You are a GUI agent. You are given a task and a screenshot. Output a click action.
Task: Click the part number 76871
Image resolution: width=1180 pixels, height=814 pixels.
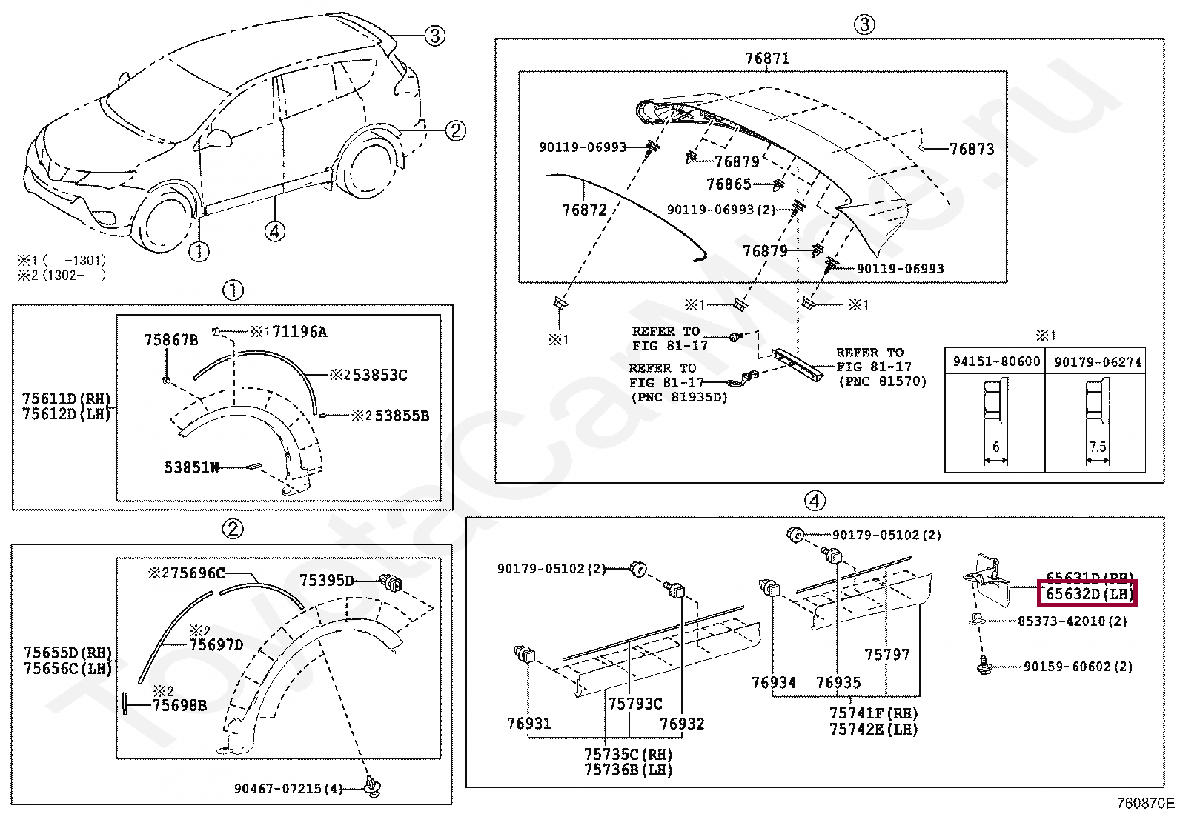point(766,59)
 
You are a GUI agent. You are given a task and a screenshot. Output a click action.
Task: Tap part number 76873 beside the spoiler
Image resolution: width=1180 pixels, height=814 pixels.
point(971,149)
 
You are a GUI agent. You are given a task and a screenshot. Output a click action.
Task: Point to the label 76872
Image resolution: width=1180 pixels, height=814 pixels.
point(584,210)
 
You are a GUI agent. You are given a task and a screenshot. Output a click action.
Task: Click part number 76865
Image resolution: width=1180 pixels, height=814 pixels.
point(729,184)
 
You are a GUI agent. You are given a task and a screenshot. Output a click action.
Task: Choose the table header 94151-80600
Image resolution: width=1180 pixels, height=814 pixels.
point(996,361)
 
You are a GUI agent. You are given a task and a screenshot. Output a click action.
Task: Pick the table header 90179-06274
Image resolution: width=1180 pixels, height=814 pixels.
point(1097,362)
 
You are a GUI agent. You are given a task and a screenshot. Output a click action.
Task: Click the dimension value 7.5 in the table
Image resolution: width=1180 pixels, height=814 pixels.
point(1097,447)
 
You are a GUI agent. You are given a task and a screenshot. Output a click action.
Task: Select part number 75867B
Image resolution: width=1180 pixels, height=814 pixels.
point(170,340)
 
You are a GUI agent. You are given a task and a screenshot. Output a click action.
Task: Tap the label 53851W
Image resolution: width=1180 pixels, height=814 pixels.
point(191,467)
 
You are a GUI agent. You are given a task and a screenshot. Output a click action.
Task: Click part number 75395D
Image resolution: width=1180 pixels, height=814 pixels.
point(326,581)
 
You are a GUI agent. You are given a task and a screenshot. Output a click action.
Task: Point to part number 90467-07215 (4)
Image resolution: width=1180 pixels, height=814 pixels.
point(288,789)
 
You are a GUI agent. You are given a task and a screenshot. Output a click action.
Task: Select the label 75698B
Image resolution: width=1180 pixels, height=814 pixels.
point(179,706)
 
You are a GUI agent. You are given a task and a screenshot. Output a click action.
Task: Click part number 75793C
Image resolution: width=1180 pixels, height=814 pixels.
point(634,704)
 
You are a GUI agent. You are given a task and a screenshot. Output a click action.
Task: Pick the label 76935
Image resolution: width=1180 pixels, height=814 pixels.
point(838,683)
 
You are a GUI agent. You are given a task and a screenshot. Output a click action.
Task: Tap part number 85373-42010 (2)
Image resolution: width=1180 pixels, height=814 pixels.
point(1072,621)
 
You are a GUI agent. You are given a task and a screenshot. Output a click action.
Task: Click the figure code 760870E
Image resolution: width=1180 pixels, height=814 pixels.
point(1145,803)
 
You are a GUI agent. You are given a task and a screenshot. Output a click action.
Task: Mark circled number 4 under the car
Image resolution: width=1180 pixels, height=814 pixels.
point(274,231)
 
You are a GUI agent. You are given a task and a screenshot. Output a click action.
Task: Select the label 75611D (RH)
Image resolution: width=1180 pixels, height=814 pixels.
point(66,398)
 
